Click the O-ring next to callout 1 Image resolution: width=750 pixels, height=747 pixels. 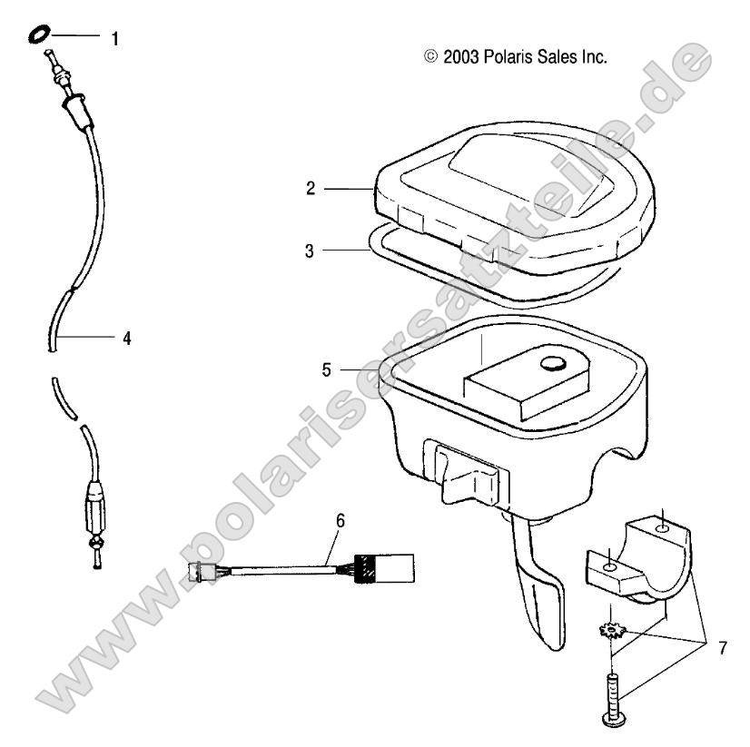click(x=38, y=34)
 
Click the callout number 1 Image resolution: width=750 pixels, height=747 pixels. click(x=114, y=39)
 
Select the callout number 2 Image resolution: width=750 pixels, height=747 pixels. click(x=311, y=189)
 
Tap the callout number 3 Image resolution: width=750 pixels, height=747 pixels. click(x=310, y=250)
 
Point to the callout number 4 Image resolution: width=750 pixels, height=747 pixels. click(x=127, y=338)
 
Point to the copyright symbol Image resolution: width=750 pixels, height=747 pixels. click(x=430, y=57)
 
